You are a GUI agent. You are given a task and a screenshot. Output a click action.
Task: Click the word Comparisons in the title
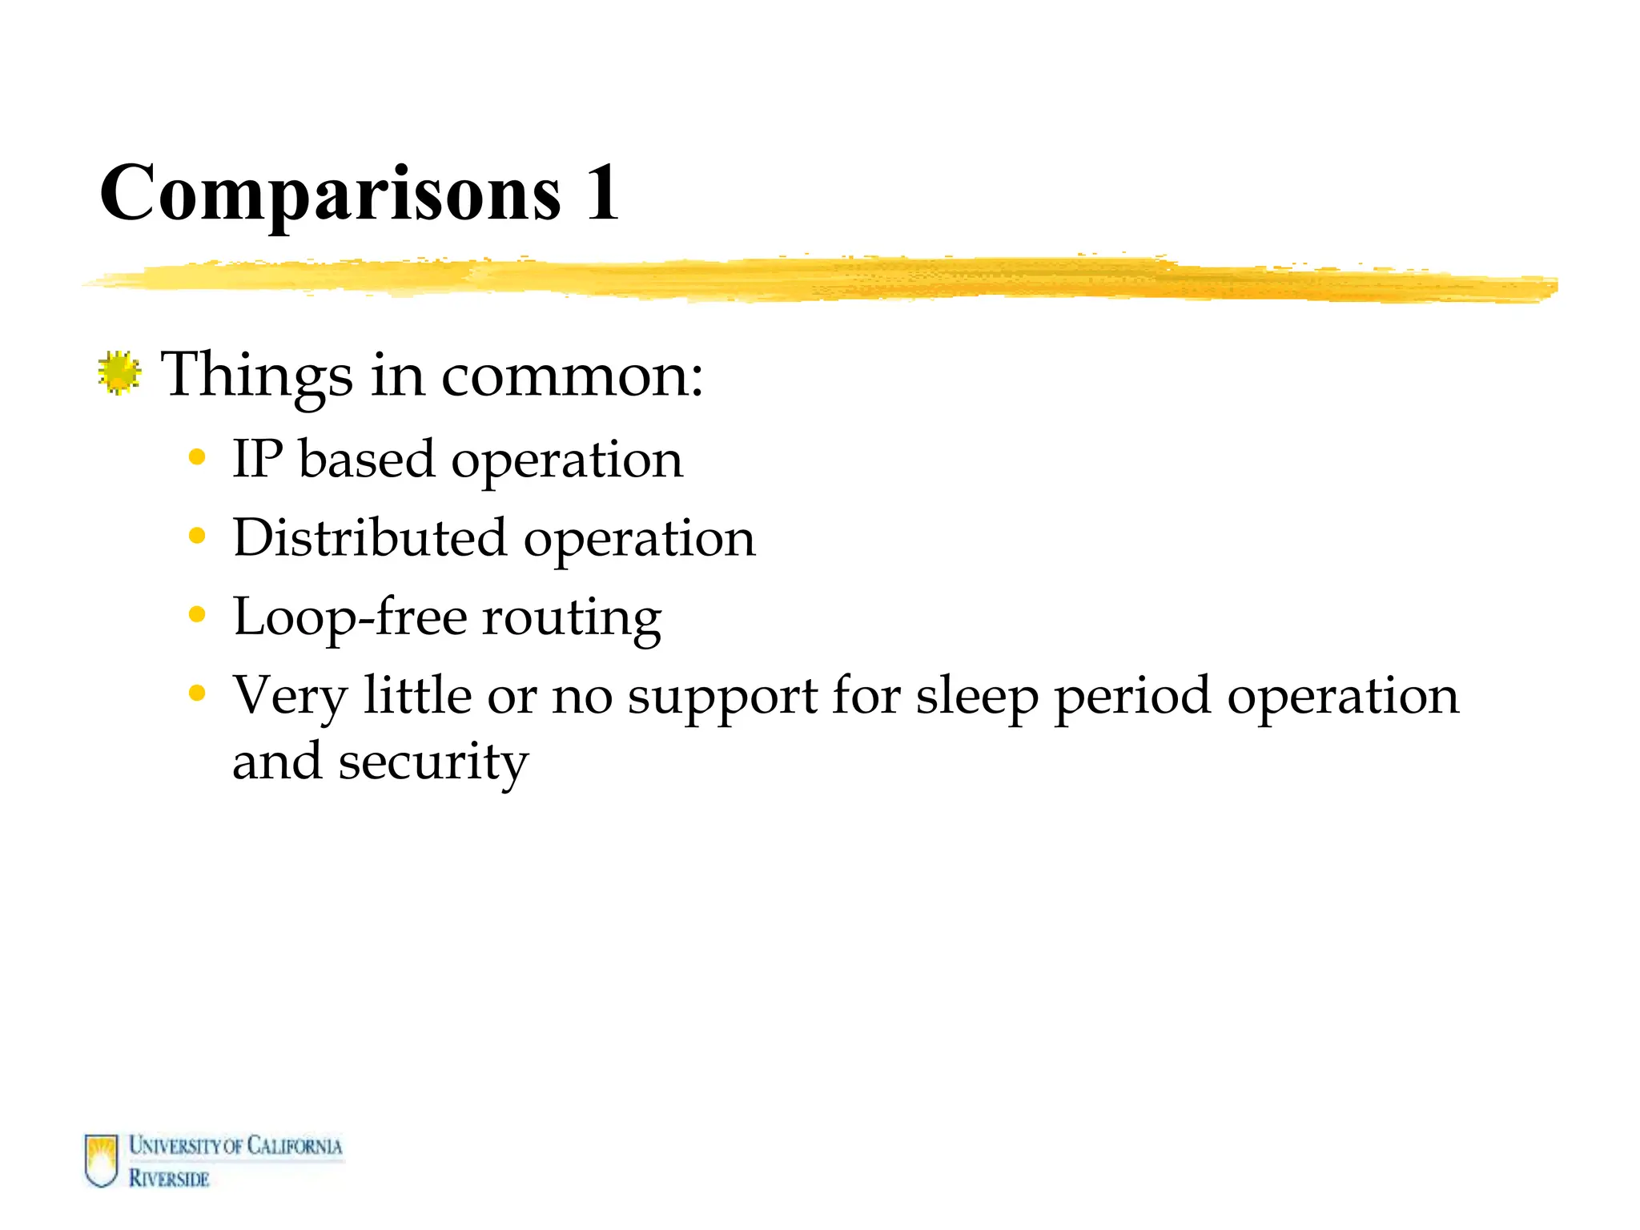tap(330, 194)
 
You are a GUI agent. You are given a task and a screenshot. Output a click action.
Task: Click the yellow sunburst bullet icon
tap(119, 373)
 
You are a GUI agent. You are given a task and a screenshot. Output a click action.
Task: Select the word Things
tap(256, 375)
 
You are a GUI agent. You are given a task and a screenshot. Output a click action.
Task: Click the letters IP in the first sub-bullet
tap(257, 460)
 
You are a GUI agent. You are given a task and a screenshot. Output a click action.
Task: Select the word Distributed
tap(370, 537)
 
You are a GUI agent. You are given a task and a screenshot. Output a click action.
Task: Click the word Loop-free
tap(350, 617)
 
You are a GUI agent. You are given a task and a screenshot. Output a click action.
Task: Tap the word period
tap(1132, 695)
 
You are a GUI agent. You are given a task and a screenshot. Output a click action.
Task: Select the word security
tap(433, 761)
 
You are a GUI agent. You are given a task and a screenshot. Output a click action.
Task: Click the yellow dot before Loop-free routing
tap(197, 614)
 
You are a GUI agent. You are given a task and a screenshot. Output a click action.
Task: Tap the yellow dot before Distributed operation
tap(197, 536)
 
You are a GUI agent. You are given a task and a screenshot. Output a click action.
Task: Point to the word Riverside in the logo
tap(169, 1178)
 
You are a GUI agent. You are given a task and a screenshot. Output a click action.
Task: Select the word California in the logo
tap(294, 1146)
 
